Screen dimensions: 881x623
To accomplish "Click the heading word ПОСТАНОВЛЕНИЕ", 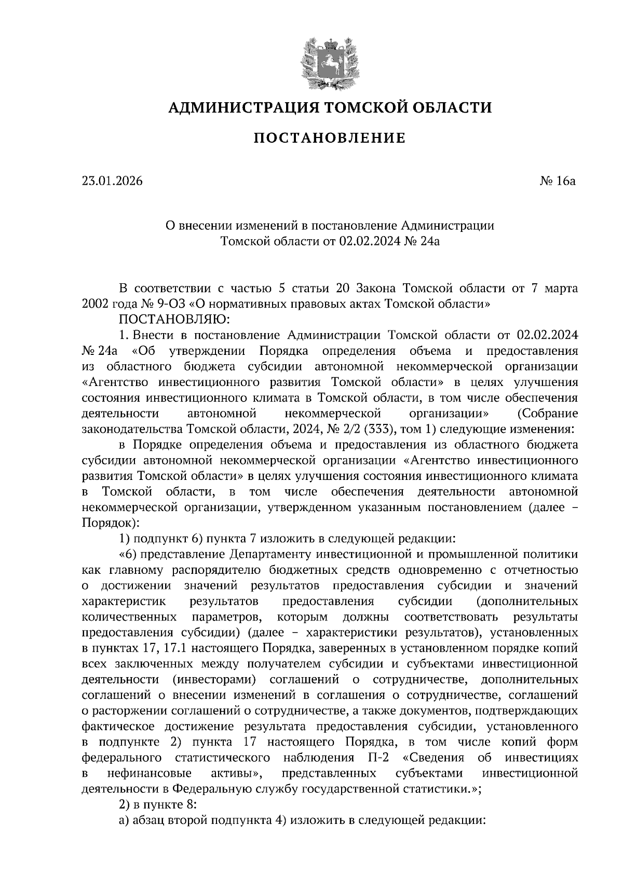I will click(329, 138).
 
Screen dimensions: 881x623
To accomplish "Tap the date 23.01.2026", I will click(112, 181).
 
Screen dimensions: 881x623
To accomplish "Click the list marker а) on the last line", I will click(124, 820).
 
